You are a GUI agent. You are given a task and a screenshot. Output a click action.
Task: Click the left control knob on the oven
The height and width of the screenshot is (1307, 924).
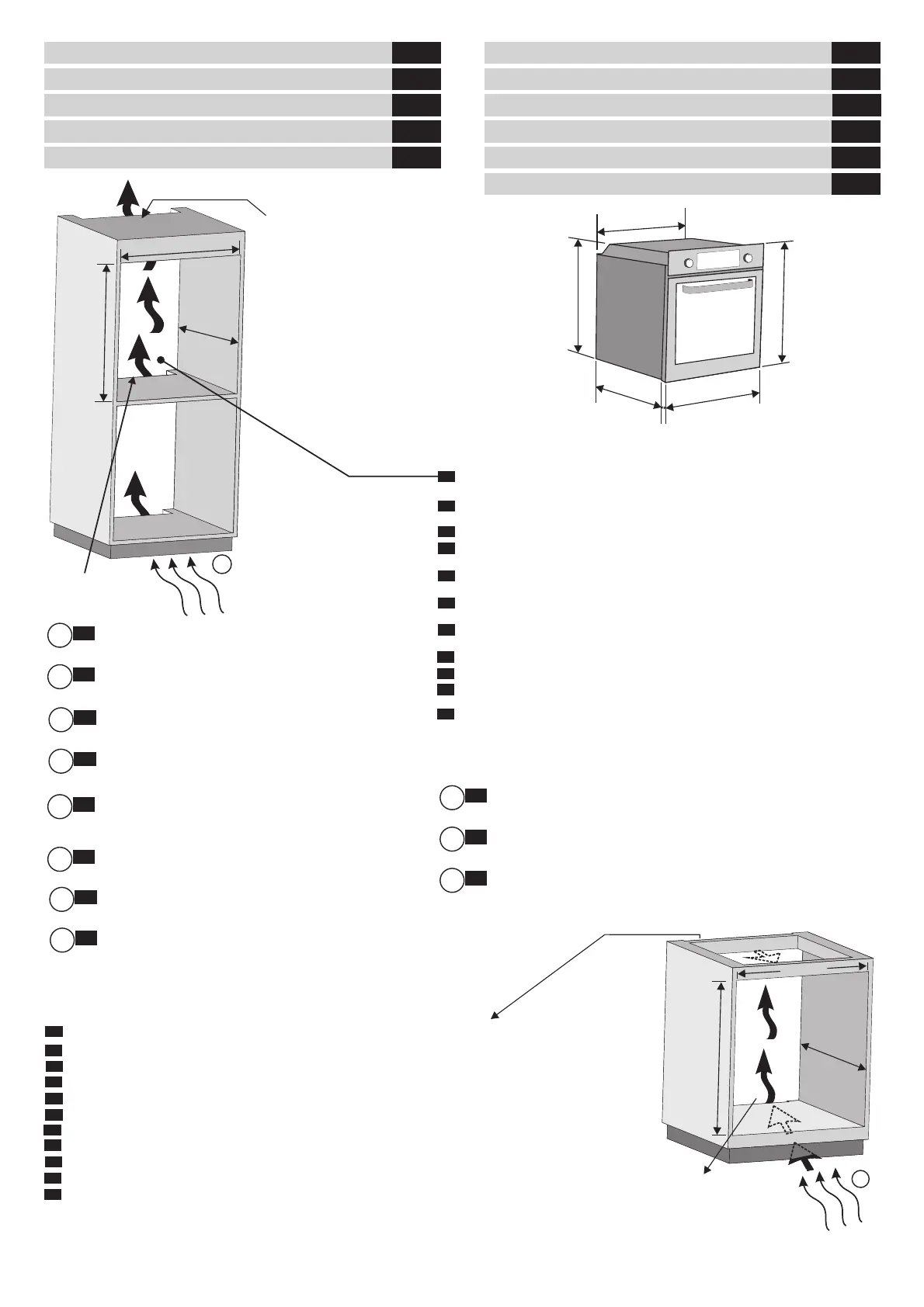click(x=689, y=262)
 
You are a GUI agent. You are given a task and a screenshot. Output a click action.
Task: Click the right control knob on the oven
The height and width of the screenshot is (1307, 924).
click(x=748, y=258)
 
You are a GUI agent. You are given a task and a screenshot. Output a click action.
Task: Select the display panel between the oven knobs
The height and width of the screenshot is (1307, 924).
click(x=717, y=260)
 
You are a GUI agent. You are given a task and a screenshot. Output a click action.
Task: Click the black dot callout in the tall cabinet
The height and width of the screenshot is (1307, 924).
click(x=161, y=359)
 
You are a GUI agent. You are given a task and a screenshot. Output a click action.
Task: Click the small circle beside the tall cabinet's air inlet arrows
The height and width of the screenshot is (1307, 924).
click(x=223, y=565)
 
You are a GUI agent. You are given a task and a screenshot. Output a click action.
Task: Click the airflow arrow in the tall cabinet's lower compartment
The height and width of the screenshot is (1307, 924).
click(x=138, y=492)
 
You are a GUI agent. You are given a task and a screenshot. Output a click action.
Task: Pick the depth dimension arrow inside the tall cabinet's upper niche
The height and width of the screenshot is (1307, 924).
click(x=208, y=335)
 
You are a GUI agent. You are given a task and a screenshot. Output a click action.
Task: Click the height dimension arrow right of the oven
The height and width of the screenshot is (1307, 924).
click(x=785, y=302)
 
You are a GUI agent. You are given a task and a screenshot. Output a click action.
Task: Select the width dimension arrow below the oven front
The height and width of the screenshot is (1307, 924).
click(x=712, y=400)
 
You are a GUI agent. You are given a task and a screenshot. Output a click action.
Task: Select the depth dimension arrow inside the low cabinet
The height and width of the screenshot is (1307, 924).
click(x=833, y=1056)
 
